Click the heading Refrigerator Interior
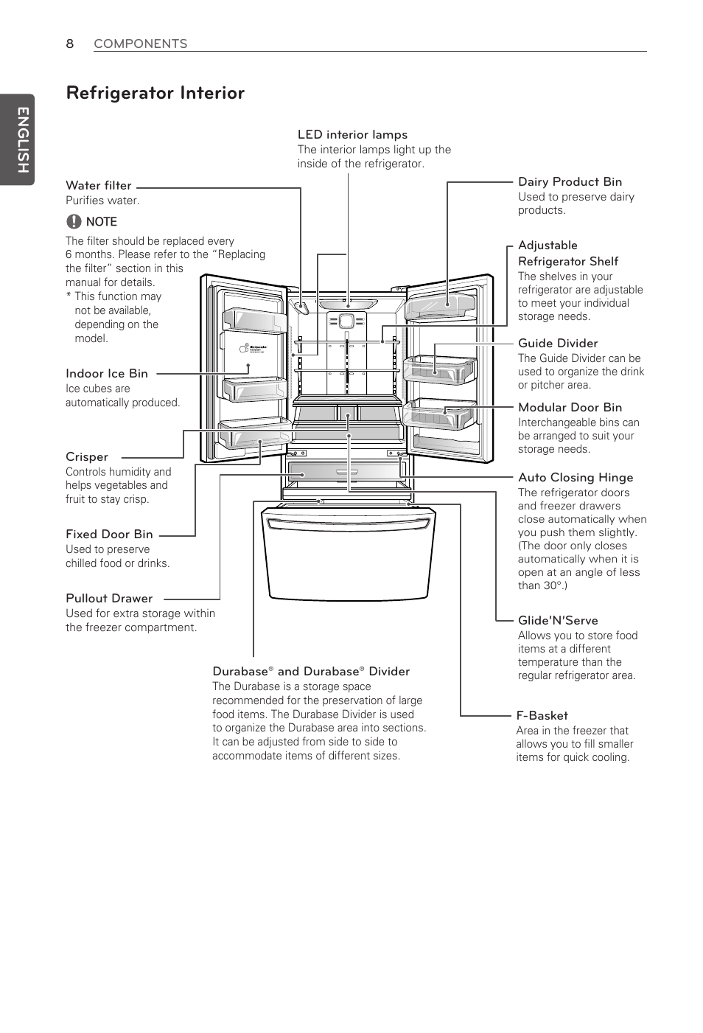click(155, 93)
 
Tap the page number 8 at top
click(70, 44)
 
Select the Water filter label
click(99, 186)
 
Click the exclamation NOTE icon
click(74, 221)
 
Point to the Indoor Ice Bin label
click(107, 374)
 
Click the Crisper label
click(87, 457)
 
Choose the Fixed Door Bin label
click(109, 535)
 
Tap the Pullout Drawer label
click(109, 599)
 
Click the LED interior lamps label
click(352, 135)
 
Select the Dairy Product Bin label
click(570, 182)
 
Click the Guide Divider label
click(558, 344)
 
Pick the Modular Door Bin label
click(570, 408)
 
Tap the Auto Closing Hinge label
click(576, 478)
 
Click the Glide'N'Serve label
click(558, 621)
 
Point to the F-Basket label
click(542, 716)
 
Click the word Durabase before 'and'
click(239, 672)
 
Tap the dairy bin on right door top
click(441, 303)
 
